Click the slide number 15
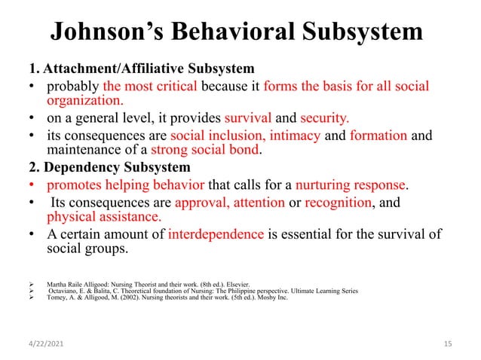(448, 344)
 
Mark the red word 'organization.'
(85, 100)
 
